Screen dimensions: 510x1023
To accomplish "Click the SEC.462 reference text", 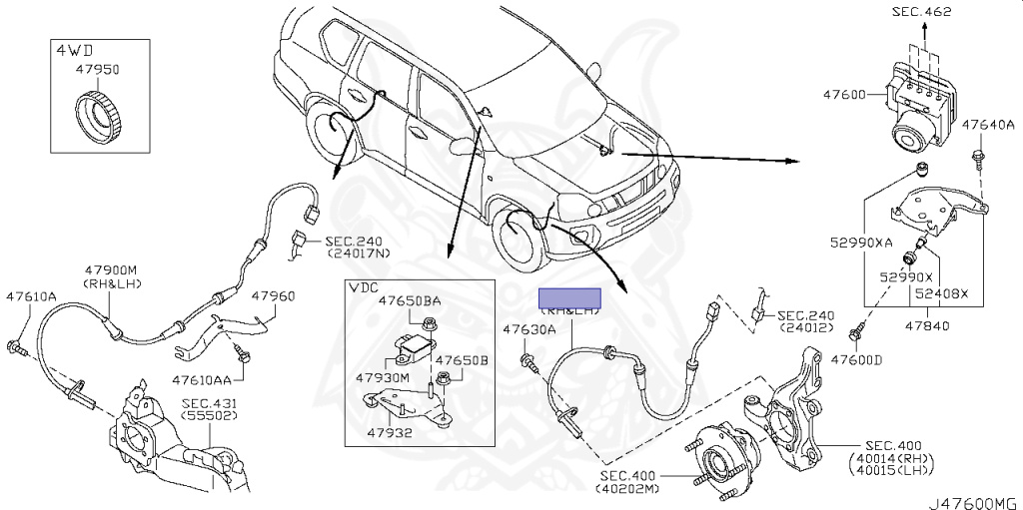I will click(920, 12).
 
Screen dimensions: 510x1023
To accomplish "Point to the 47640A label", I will click(988, 126).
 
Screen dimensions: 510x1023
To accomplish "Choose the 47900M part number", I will click(111, 270).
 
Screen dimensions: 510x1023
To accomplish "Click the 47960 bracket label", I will click(273, 296).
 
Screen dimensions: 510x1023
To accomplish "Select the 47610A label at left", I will click(31, 296).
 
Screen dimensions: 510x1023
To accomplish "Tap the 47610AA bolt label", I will click(202, 380).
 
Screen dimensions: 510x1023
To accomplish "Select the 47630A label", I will click(528, 329).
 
